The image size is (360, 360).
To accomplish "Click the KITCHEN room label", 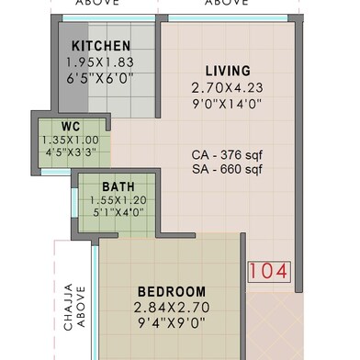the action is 101,46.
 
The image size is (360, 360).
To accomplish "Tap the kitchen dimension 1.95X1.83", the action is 100,62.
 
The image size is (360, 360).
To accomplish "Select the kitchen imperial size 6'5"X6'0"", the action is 100,79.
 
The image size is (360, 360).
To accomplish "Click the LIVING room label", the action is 228,71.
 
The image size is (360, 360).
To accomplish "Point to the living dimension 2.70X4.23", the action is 227,88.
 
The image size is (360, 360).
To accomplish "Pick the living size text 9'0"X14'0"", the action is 227,104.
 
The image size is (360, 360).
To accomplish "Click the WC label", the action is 71,127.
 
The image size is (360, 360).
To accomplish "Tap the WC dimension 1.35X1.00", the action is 71,141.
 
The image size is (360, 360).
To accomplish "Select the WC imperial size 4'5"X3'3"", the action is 71,152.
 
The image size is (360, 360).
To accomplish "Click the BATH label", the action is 118,186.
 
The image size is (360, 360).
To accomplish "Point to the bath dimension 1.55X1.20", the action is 118,200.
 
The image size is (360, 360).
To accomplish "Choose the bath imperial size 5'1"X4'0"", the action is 118,212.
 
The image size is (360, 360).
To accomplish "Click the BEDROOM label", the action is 172,292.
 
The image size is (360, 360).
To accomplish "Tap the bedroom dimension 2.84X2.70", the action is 172,308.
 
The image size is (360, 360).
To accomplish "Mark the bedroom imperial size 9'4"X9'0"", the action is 172,323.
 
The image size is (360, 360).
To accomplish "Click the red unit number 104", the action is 269,271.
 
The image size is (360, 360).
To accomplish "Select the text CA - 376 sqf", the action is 227,155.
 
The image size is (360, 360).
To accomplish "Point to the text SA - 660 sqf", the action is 227,169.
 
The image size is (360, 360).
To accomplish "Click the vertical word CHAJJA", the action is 68,307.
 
